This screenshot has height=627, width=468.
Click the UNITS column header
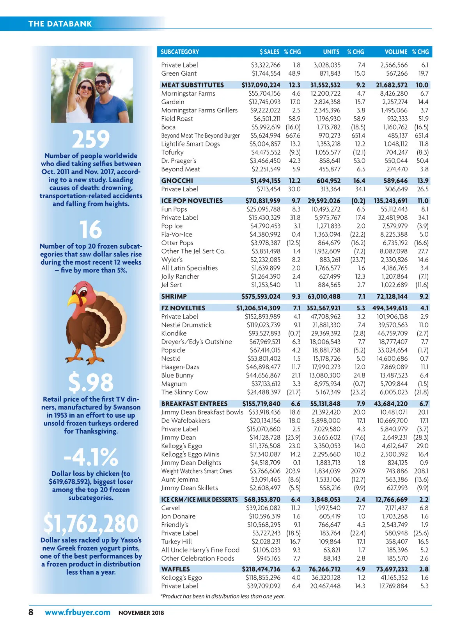coord(331,52)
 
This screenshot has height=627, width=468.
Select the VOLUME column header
coord(395,52)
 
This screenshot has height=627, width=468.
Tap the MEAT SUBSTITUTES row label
coord(193,85)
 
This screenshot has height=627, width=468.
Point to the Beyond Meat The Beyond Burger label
coord(200,135)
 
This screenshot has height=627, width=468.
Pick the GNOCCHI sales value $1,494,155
coord(265,181)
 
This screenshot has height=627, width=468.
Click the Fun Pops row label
coord(174,209)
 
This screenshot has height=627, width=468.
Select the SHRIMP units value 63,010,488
coord(324,297)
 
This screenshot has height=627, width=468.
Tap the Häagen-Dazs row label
coord(180,367)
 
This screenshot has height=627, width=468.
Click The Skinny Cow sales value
coord(264,392)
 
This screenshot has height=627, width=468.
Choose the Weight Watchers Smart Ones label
coord(197,471)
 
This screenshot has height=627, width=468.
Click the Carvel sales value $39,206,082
coord(263,508)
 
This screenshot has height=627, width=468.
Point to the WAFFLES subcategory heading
coord(175,569)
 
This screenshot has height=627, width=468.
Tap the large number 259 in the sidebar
coord(91,139)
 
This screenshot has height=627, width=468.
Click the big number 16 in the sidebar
coord(91,230)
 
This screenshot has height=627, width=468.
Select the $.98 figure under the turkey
coord(91,382)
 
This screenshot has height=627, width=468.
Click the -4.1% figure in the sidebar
coord(91,457)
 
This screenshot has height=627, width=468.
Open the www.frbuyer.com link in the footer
coord(78,612)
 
